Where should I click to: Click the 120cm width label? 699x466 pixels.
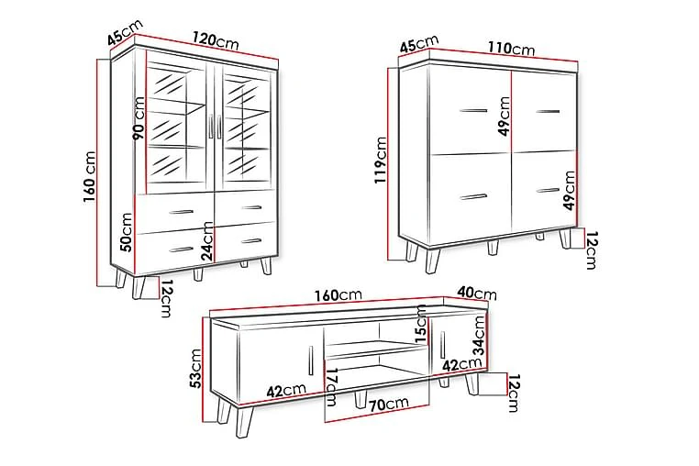click(216, 41)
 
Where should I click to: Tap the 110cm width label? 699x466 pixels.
click(511, 48)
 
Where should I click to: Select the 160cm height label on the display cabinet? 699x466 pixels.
click(90, 177)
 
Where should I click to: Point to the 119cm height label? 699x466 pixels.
click(381, 161)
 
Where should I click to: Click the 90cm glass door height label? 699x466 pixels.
click(139, 119)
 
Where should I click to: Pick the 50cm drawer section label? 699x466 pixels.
click(127, 232)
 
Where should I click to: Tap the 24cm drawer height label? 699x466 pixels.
click(207, 241)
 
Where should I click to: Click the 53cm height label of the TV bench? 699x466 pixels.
click(194, 369)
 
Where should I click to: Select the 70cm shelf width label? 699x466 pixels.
click(388, 404)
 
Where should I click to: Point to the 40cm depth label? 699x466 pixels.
click(477, 293)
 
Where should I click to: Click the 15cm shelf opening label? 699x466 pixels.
click(421, 324)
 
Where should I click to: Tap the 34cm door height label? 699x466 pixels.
click(479, 335)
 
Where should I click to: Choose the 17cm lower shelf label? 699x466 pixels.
click(332, 387)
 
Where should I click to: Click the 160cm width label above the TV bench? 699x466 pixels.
click(338, 295)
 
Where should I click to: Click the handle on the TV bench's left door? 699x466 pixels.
click(311, 361)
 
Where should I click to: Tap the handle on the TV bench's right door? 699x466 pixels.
click(443, 344)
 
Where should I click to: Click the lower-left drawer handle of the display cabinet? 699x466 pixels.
click(181, 250)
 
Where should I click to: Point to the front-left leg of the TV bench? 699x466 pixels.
click(244, 422)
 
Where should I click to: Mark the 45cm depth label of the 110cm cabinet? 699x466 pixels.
click(419, 44)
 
